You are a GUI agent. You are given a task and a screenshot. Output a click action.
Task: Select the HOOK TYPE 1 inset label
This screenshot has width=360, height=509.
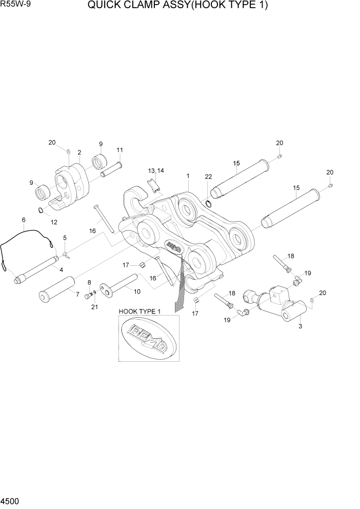click(x=139, y=311)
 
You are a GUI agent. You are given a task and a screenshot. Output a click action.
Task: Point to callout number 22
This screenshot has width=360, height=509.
click(x=208, y=177)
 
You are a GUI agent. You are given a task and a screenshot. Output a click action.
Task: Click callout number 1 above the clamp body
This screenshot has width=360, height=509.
click(x=188, y=176)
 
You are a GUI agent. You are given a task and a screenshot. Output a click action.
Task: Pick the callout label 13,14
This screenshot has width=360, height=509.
click(x=156, y=170)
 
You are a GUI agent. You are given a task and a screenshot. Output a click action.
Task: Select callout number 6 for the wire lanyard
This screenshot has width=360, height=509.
click(x=24, y=220)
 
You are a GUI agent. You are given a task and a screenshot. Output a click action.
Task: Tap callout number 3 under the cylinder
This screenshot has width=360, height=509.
click(x=300, y=326)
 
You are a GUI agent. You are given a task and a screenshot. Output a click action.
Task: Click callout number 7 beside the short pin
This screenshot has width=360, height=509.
click(x=77, y=295)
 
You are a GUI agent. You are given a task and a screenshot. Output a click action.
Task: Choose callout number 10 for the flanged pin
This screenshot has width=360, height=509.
click(x=137, y=292)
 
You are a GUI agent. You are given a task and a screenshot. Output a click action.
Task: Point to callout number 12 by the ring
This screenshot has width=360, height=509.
click(x=53, y=222)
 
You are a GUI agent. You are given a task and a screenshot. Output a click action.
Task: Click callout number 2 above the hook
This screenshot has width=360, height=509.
click(x=79, y=152)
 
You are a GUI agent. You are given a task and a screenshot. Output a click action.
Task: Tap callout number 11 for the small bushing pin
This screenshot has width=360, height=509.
click(x=119, y=150)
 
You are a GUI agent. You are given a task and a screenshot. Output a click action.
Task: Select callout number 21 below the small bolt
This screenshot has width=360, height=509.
click(x=94, y=307)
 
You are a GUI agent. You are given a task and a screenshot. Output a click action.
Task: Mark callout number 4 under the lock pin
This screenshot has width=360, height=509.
click(x=61, y=270)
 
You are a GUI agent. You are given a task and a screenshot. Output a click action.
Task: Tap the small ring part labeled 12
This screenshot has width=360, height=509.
click(x=41, y=209)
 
